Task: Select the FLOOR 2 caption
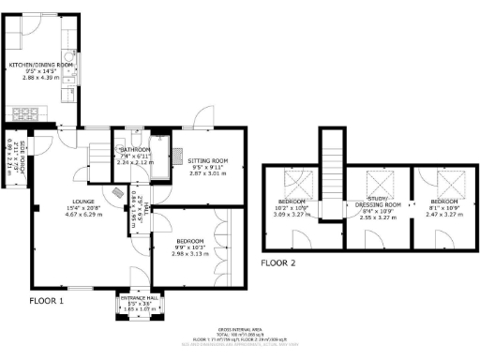click(x=278, y=263)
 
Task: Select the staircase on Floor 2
click(x=330, y=152)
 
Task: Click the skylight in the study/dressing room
click(x=381, y=182)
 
